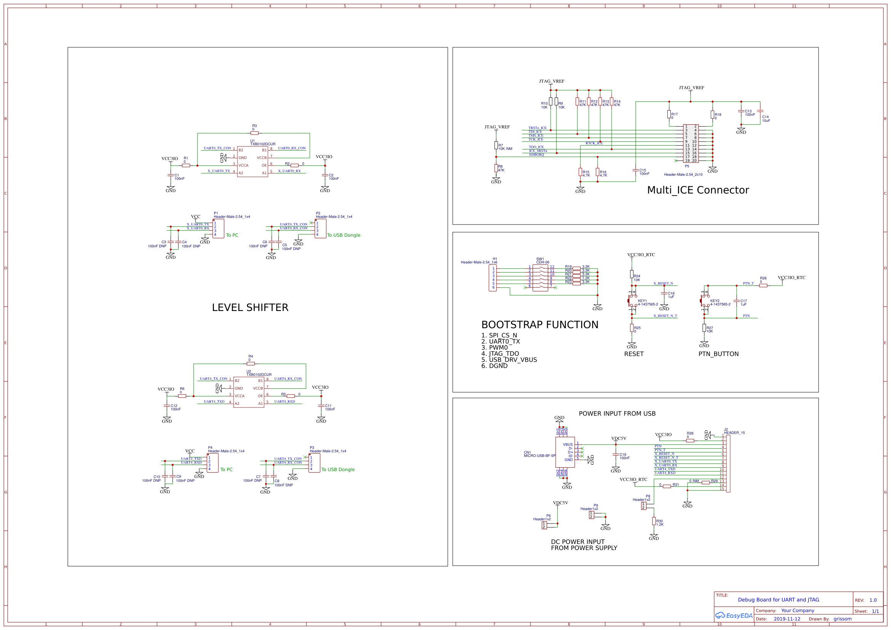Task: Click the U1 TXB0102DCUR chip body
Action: pyautogui.click(x=252, y=161)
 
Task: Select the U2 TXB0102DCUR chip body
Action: pyautogui.click(x=248, y=392)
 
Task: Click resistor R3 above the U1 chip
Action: pyautogui.click(x=255, y=133)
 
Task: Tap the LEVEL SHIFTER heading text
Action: pyautogui.click(x=250, y=308)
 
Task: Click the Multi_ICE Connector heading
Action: pyautogui.click(x=698, y=190)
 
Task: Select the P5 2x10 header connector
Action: pyautogui.click(x=691, y=143)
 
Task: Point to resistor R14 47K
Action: pyautogui.click(x=612, y=102)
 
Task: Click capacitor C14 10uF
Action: pyautogui.click(x=760, y=111)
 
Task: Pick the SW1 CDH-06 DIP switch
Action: pyautogui.click(x=540, y=278)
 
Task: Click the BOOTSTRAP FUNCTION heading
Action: pyautogui.click(x=539, y=324)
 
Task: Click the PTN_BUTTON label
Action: pyautogui.click(x=718, y=354)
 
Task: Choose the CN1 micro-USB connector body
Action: pyautogui.click(x=565, y=452)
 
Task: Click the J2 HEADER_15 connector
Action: pyautogui.click(x=728, y=463)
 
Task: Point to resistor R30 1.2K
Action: pyautogui.click(x=654, y=521)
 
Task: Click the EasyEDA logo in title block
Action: pyautogui.click(x=734, y=615)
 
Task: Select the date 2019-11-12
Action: pyautogui.click(x=787, y=619)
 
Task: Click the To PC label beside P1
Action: pyautogui.click(x=232, y=235)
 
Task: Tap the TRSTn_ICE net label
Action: pyautogui.click(x=537, y=128)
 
